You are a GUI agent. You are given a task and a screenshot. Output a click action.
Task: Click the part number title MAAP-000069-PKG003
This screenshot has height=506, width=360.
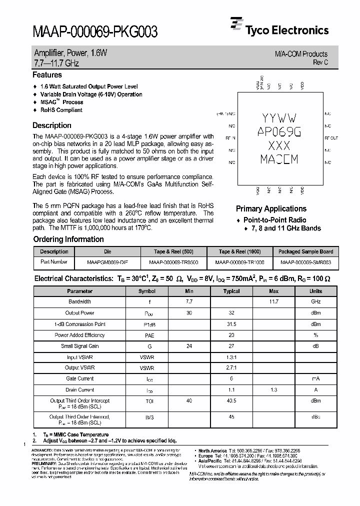(95, 32)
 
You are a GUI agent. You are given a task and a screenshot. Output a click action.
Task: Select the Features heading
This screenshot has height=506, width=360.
(47, 75)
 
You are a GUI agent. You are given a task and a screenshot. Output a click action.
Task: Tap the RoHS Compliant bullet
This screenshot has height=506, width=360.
(61, 110)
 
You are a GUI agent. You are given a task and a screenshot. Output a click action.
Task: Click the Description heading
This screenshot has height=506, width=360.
(51, 125)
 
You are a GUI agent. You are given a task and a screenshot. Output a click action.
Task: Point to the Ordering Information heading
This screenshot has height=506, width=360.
(68, 239)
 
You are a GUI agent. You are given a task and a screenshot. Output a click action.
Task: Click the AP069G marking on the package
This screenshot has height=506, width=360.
(279, 131)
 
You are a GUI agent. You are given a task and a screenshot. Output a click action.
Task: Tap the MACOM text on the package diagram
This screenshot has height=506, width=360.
(279, 159)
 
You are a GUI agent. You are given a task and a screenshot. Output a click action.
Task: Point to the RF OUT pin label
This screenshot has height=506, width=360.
(331, 137)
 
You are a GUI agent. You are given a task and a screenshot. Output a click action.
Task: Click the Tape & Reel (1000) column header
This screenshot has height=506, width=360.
(239, 251)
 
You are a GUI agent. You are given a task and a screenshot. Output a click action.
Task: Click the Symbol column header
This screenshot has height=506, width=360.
(146, 291)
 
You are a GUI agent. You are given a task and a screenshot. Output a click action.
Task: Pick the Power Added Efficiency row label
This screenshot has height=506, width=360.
(79, 335)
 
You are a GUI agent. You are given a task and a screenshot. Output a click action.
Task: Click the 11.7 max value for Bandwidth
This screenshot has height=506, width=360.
(273, 302)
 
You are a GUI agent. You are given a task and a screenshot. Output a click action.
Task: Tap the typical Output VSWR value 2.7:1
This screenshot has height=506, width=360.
(231, 367)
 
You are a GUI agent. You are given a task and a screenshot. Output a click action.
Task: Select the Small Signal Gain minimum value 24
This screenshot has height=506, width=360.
(189, 346)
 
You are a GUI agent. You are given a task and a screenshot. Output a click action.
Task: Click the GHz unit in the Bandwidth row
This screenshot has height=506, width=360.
(315, 302)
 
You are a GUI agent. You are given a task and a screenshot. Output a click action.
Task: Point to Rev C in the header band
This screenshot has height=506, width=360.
(320, 62)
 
